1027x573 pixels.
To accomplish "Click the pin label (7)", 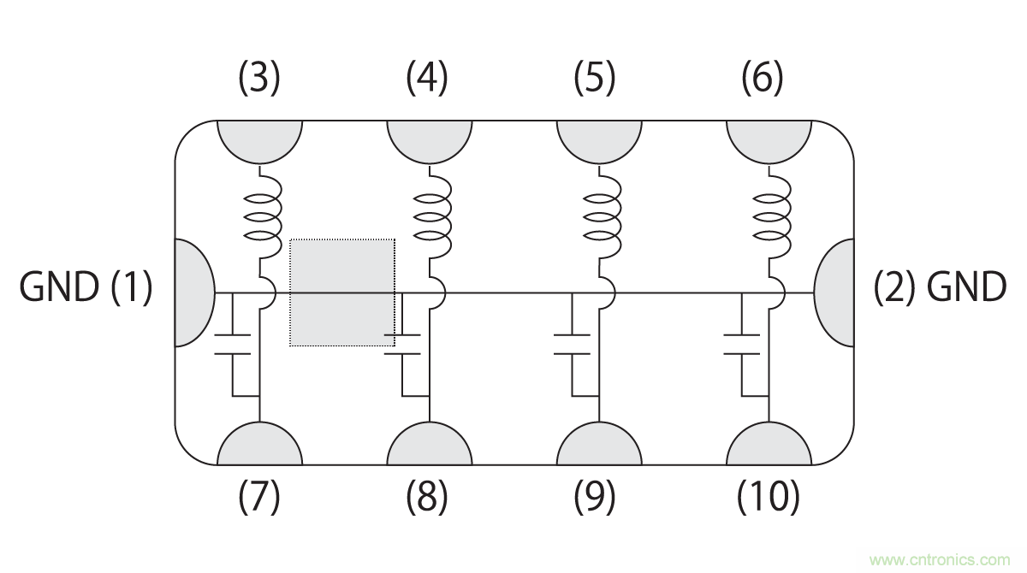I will point(258,496).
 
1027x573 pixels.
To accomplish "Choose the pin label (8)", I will point(427,496).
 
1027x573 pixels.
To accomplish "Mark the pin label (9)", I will point(595,496).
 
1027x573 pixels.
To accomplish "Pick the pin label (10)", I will point(769,496).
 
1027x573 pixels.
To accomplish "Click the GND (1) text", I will point(86,287).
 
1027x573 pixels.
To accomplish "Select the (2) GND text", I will point(940,287).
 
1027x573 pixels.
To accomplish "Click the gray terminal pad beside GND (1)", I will point(193,292).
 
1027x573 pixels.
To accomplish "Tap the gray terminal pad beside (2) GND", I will point(835,292).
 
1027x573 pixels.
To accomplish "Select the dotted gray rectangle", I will point(342,292).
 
